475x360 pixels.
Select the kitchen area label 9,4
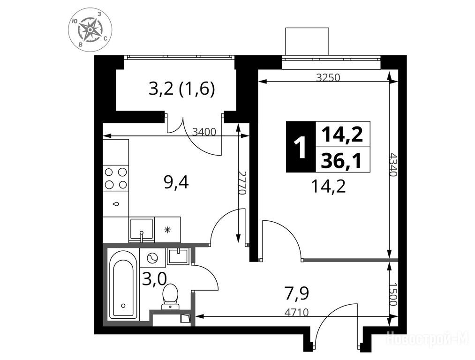176,182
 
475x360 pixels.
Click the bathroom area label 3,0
154,279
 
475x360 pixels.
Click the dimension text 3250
328,78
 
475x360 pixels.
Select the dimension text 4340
393,165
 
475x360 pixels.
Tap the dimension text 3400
204,132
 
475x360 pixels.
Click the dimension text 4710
296,312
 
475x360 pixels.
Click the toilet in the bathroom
170,296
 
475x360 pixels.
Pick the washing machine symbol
152,258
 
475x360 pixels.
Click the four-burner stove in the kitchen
116,178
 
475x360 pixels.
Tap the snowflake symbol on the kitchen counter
167,230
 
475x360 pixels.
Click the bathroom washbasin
178,256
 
